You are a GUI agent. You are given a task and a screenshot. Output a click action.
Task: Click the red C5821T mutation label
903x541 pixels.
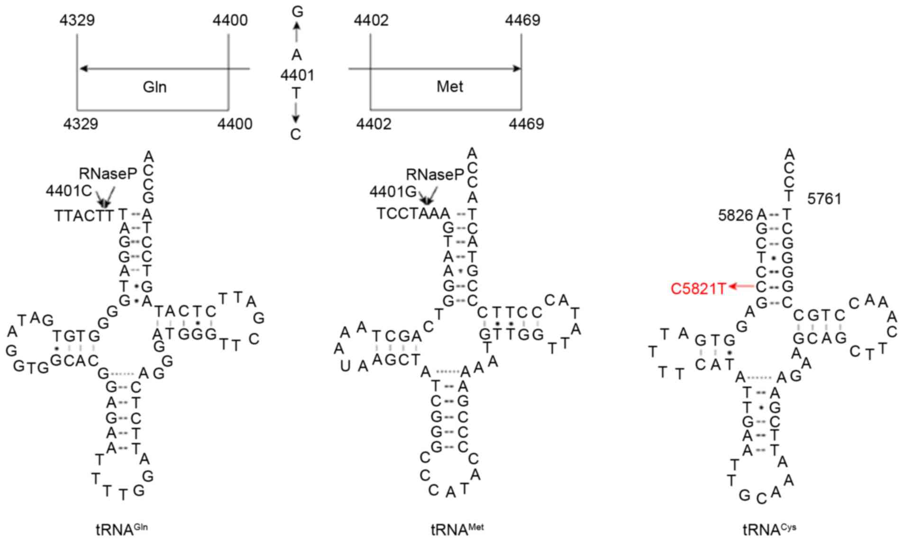pos(698,289)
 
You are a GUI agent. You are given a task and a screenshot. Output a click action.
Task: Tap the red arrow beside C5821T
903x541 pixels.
pos(742,286)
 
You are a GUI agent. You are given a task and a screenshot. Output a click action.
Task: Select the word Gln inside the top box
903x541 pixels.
pos(155,87)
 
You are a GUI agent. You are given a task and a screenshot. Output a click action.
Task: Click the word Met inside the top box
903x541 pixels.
pos(449,87)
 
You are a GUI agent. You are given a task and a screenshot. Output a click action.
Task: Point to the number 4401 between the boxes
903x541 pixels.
pos(297,75)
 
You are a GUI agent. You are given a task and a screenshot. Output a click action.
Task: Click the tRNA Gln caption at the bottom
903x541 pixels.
pos(121,529)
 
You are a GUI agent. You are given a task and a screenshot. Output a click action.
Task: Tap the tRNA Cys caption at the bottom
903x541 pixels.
pos(769,529)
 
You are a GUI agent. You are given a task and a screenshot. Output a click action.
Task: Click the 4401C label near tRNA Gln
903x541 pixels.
pos(69,191)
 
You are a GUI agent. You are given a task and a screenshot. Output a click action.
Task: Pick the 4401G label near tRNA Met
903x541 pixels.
pos(393,192)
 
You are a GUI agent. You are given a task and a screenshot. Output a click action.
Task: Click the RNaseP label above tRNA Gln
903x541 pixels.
pos(108,174)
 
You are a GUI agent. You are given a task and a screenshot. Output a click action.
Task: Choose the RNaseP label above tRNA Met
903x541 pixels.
pos(435,175)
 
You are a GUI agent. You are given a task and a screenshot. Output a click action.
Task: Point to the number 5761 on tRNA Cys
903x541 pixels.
pos(824,199)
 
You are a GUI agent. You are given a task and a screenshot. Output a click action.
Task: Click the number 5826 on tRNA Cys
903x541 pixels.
pos(735,216)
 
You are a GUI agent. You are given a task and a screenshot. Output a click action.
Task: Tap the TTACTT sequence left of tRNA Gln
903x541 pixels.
pos(84,216)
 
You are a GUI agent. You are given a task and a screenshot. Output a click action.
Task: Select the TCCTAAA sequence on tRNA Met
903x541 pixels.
pos(413,214)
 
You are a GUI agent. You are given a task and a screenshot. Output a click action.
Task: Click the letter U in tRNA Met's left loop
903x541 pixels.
pos(345,366)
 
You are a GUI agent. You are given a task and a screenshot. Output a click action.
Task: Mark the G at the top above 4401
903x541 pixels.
pos(297,12)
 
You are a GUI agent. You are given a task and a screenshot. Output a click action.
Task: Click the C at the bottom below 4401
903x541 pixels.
pos(296,135)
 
